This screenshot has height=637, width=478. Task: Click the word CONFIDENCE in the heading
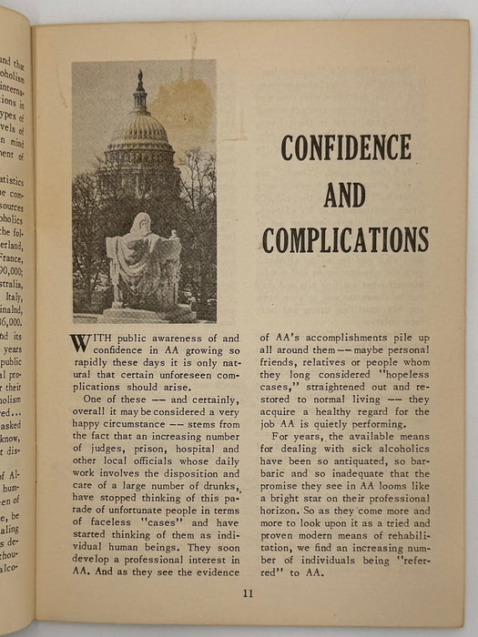(x=345, y=147)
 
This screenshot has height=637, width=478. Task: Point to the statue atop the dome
(x=139, y=79)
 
